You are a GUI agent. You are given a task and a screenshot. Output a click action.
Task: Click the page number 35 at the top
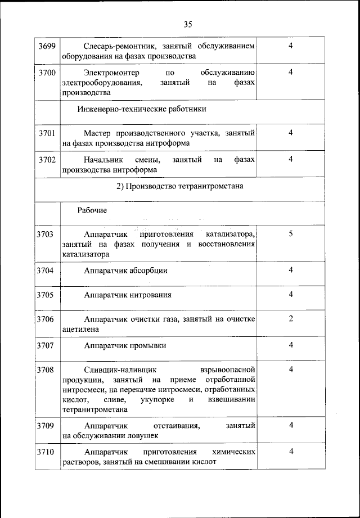pyautogui.click(x=188, y=24)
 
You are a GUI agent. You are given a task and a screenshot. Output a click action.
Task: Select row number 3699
pyautogui.click(x=47, y=46)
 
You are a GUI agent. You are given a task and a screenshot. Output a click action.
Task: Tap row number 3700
pyautogui.click(x=47, y=73)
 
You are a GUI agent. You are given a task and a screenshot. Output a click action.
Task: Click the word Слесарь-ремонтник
pyautogui.click(x=116, y=46)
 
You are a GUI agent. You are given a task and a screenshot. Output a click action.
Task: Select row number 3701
pyautogui.click(x=47, y=133)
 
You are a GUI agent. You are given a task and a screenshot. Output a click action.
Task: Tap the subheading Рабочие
pyautogui.click(x=92, y=210)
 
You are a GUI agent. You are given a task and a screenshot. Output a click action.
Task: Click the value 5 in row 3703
pyautogui.click(x=291, y=233)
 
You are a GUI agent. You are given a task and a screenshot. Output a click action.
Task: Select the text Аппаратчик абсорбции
pyautogui.click(x=125, y=271)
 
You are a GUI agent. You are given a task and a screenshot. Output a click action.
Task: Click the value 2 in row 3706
pyautogui.click(x=291, y=319)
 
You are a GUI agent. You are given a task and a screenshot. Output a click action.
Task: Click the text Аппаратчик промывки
pyautogui.click(x=125, y=345)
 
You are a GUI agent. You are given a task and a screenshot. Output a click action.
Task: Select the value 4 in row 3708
pyautogui.click(x=291, y=370)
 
